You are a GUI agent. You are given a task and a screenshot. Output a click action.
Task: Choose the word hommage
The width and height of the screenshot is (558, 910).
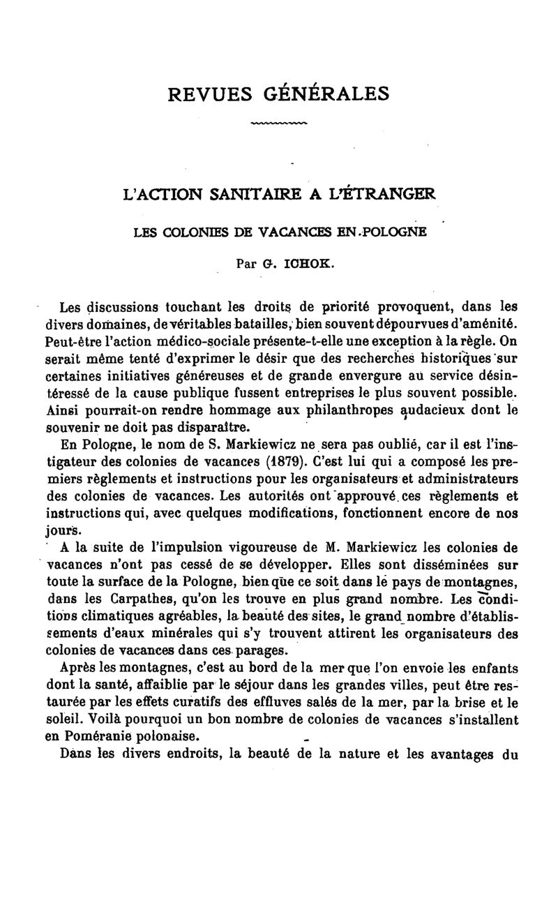click(x=250, y=411)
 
